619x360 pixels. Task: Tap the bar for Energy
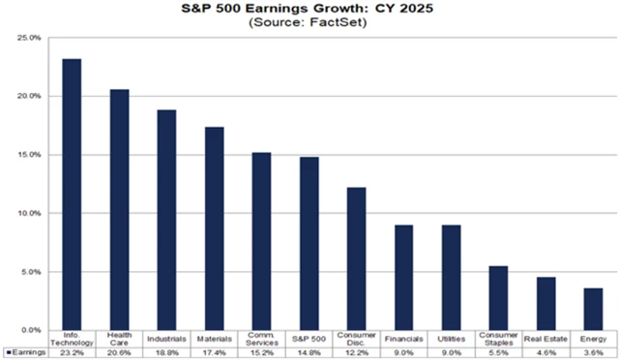593,309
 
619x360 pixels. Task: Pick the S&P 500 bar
309,243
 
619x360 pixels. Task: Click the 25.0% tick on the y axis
28,38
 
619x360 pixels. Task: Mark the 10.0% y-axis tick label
28,213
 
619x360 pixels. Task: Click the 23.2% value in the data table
72,352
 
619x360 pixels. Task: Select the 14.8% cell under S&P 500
309,352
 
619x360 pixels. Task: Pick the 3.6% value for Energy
593,352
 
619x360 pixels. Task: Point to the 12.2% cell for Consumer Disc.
356,352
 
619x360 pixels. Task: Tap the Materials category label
214,339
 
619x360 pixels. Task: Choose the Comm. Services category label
261,340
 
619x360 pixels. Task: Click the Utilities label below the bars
451,339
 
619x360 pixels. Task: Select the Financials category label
403,339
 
